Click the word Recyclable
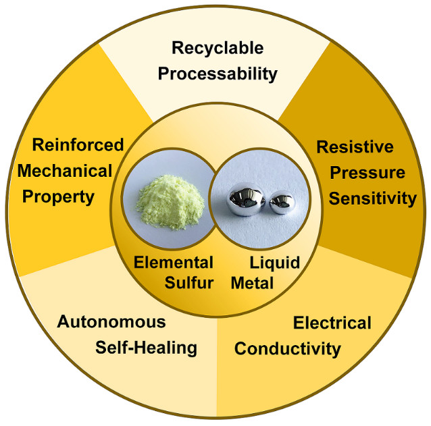(x=217, y=49)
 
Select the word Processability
(x=218, y=73)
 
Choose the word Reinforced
(x=78, y=144)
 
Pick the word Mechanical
(x=65, y=170)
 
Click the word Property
(x=65, y=197)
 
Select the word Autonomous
(x=111, y=321)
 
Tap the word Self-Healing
(x=145, y=348)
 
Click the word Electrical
(x=332, y=323)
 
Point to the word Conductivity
(x=287, y=348)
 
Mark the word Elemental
(x=173, y=262)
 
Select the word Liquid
(x=276, y=262)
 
